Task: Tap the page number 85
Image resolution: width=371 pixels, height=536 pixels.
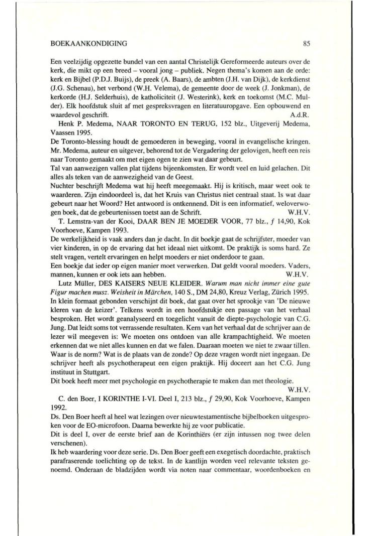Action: tap(315, 44)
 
